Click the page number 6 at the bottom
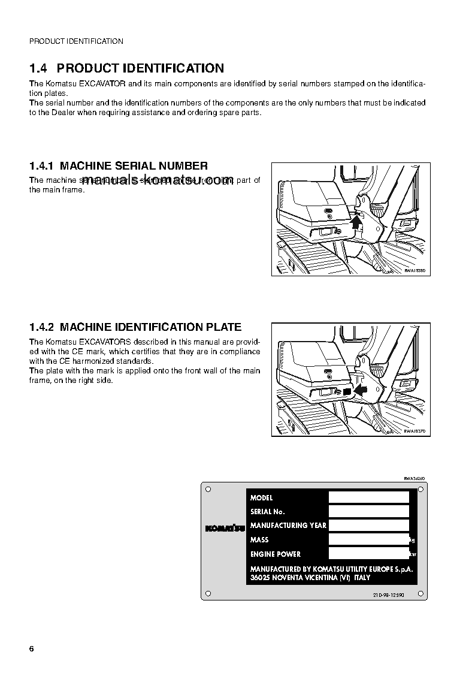[x=32, y=650]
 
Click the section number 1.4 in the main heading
[x=40, y=68]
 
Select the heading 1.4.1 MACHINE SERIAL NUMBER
[x=119, y=166]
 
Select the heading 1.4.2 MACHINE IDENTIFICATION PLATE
[x=135, y=327]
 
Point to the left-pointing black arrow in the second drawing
[x=361, y=390]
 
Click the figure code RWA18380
[x=415, y=271]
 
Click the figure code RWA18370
[x=415, y=431]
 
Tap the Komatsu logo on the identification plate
[x=225, y=528]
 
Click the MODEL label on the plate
[x=261, y=497]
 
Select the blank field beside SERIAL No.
[x=368, y=511]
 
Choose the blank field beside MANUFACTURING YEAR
[x=368, y=525]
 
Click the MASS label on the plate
[x=259, y=539]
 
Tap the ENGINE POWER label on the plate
[x=276, y=554]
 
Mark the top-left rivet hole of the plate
[x=207, y=490]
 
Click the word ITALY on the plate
[x=362, y=578]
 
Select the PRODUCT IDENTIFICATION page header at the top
[x=76, y=41]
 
